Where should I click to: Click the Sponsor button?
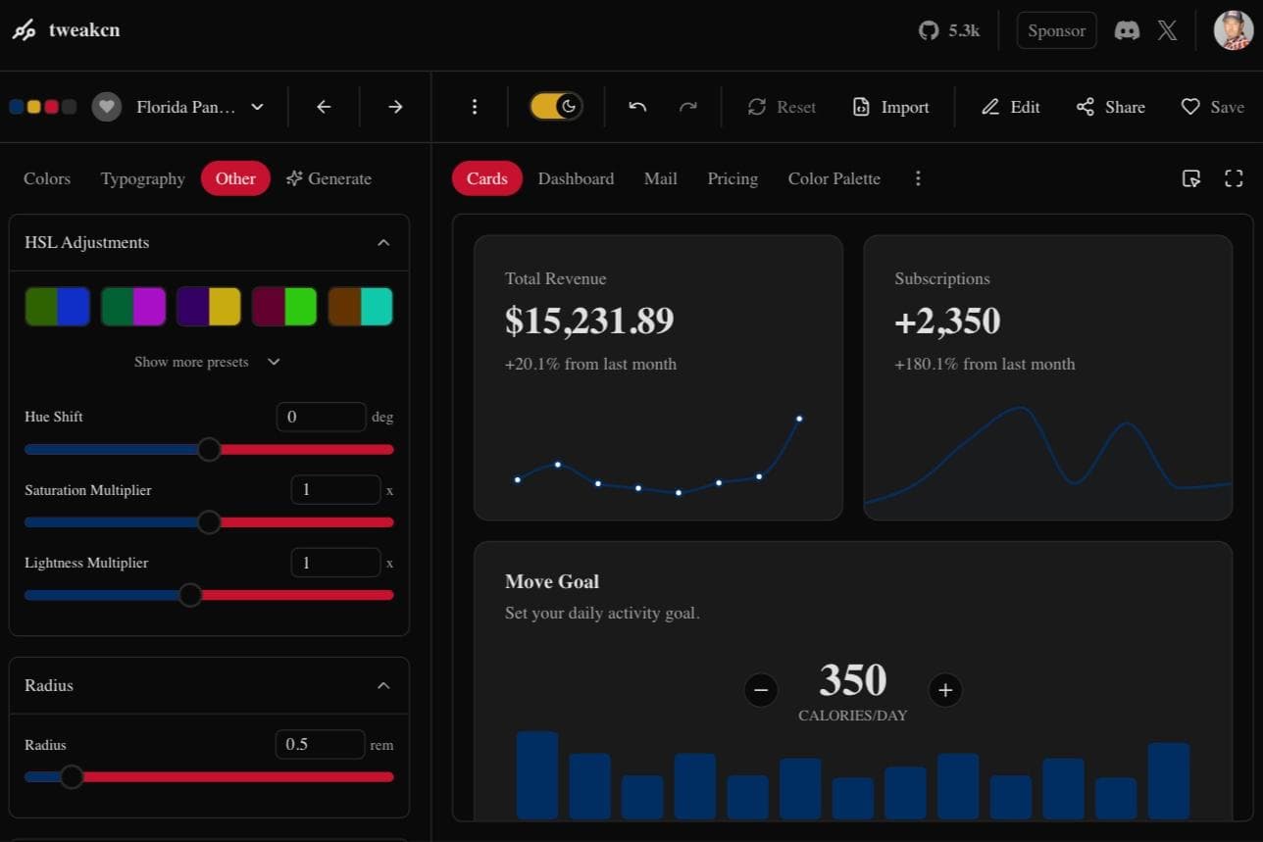tap(1056, 30)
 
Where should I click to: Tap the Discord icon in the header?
tap(1127, 30)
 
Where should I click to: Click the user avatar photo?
tap(1233, 30)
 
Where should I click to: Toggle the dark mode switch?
tap(556, 107)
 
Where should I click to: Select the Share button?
tap(1110, 107)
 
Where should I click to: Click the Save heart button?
tap(1212, 107)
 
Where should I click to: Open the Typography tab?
tap(142, 178)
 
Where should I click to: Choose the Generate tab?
tap(328, 178)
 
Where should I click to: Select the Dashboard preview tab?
tap(576, 178)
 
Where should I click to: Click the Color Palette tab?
tap(834, 178)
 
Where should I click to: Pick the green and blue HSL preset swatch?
tap(58, 307)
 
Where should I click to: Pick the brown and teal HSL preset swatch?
tap(360, 307)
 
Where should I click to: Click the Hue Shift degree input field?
tap(321, 417)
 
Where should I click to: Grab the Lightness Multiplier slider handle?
tap(190, 595)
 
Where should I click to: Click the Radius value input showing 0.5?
tap(320, 744)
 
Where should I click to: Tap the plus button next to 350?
tap(945, 690)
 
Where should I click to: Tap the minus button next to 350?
tap(761, 690)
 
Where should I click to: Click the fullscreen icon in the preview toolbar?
tap(1234, 178)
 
